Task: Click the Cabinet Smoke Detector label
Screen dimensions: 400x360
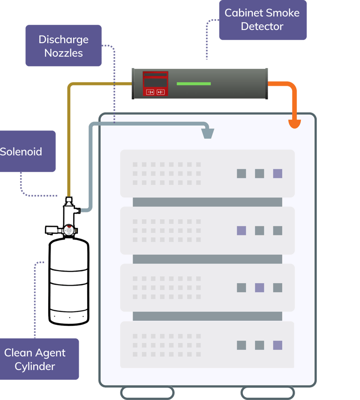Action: (262, 20)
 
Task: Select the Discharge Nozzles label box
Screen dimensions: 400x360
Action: (63, 46)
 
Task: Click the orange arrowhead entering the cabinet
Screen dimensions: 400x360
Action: (294, 124)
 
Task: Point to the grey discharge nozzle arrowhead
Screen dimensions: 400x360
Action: (208, 134)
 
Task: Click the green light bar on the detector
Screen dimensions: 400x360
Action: (194, 84)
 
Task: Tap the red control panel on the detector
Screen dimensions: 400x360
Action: (156, 83)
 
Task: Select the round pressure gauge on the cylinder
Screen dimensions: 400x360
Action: (69, 230)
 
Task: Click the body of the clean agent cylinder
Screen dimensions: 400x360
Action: (69, 281)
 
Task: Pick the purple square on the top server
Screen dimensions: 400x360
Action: (277, 174)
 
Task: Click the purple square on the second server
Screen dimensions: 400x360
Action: (241, 230)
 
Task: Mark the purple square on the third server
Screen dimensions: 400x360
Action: (259, 287)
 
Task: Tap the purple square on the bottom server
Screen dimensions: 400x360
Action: (277, 345)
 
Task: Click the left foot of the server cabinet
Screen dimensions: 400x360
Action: (147, 392)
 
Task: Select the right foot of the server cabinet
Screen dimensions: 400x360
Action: (268, 392)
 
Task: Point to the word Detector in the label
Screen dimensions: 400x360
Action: (262, 27)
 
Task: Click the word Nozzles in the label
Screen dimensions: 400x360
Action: (63, 53)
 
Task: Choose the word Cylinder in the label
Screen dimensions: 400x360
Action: (35, 366)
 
